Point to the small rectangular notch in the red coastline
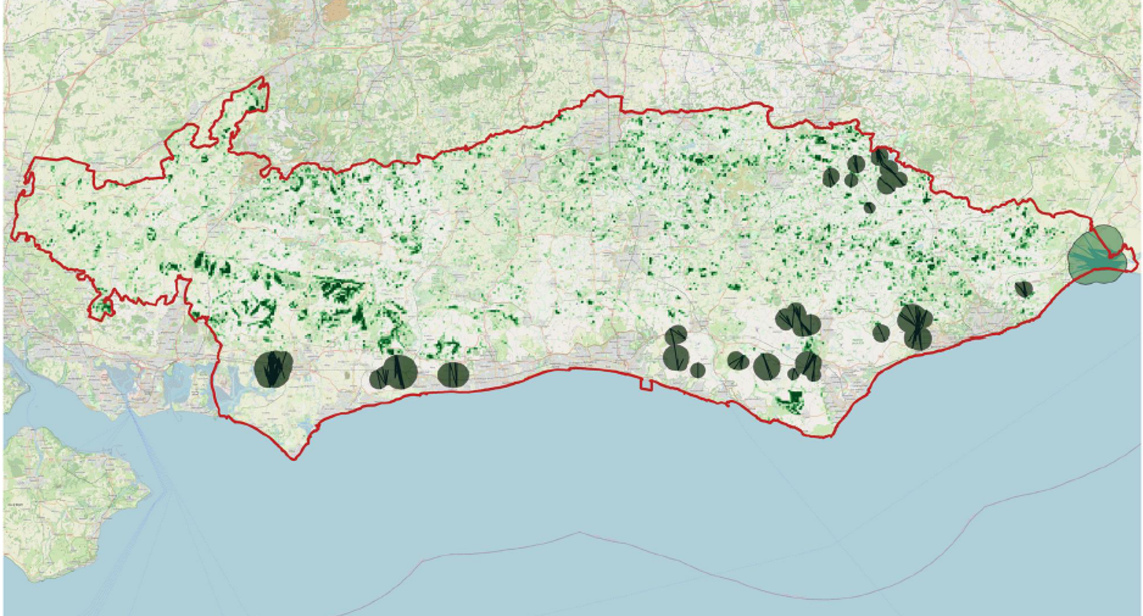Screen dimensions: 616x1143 tap(645, 384)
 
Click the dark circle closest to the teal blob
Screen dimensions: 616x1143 tap(1024, 289)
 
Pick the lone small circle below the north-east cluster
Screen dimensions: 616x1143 tap(869, 207)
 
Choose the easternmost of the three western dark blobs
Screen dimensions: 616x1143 tap(453, 374)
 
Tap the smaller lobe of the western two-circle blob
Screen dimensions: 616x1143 tap(378, 379)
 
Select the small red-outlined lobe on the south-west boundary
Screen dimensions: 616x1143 tap(103, 307)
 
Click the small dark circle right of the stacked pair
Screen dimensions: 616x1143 tap(697, 370)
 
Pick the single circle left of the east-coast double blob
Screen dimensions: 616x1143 tap(880, 332)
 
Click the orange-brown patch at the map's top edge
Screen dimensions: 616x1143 tap(336, 8)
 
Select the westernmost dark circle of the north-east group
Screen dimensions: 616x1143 tap(831, 177)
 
